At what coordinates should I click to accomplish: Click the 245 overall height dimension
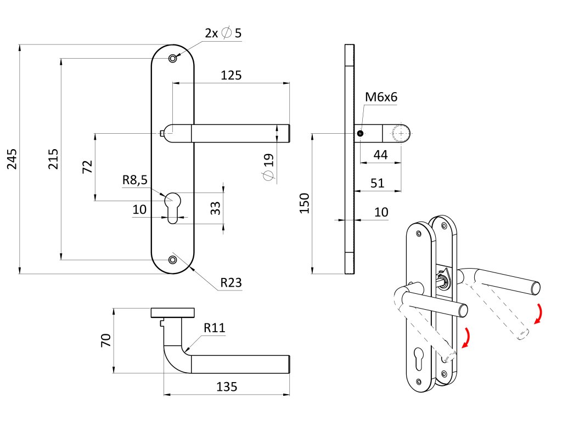coord(12,158)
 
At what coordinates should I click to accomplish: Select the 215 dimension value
coord(53,158)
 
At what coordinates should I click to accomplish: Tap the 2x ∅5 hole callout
coord(223,33)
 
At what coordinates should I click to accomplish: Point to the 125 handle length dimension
coord(231,75)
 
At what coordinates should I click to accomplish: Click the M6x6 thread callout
coord(381,98)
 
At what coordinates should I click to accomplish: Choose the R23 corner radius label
coord(231,283)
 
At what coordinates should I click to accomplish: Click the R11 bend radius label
coord(215,328)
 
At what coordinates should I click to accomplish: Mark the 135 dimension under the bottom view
coord(227,386)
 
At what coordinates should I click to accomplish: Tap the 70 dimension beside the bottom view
coord(106,340)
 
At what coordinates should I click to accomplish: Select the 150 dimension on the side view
coord(305,203)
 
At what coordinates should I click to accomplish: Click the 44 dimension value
coord(380,155)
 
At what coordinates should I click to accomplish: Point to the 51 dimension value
coord(377,183)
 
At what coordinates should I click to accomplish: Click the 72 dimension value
coord(87,167)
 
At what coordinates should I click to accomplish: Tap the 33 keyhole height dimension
coord(216,208)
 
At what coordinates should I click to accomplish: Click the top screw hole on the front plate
coord(173,58)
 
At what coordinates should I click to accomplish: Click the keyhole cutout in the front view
coord(173,206)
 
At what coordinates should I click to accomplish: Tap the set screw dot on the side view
coord(360,133)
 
